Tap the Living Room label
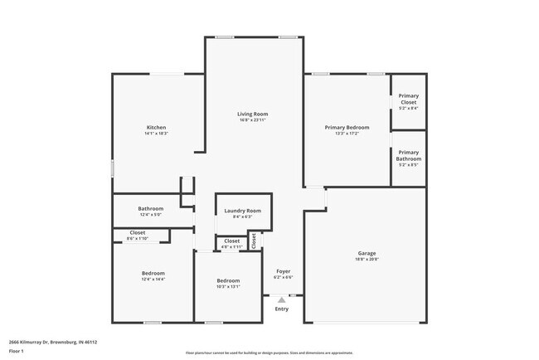(252, 114)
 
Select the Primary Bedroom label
(347, 127)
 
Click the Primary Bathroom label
(408, 154)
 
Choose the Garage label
(367, 253)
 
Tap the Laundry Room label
(242, 211)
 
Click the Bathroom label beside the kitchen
(151, 208)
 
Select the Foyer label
(282, 271)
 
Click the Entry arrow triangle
(282, 299)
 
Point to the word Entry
(282, 309)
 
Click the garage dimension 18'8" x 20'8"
(367, 260)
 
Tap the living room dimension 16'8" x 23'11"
(252, 120)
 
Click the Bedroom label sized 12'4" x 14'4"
(153, 273)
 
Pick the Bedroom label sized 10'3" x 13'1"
(228, 280)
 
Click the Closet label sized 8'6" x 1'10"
(138, 233)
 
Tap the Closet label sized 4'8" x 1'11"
(232, 241)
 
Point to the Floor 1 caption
(16, 351)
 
